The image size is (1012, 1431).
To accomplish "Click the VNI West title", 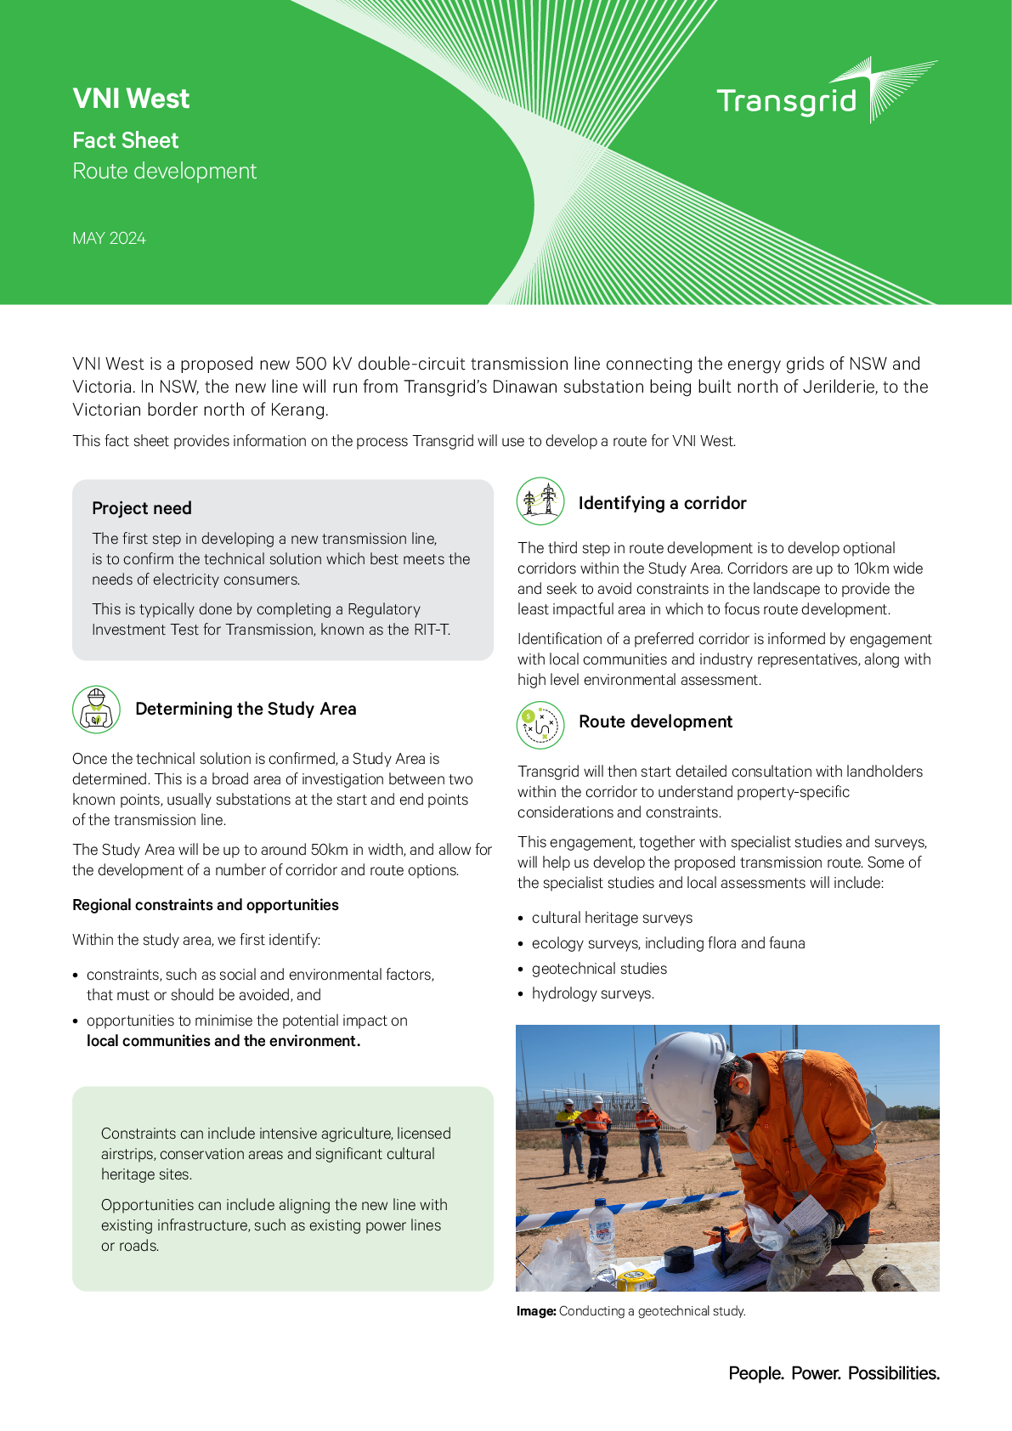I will (131, 99).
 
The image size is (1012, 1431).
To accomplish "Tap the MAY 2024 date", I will (109, 239).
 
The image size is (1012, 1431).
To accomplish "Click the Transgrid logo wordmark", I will (787, 101).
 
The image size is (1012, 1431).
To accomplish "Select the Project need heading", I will (142, 508).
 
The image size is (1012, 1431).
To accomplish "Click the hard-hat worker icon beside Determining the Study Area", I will (96, 710).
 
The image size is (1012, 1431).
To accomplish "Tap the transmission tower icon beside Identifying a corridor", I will (540, 501).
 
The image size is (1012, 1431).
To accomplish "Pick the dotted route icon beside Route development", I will (540, 725).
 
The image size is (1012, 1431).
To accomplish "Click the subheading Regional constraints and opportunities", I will (205, 905).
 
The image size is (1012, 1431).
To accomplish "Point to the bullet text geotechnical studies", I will (599, 969).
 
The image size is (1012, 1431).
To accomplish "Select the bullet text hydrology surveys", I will (592, 993).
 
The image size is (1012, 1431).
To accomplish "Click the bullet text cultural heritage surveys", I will (612, 918).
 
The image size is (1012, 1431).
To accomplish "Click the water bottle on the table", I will (602, 1232).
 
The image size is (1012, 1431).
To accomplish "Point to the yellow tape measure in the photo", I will (635, 1278).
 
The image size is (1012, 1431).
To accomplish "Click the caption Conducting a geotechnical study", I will (652, 1311).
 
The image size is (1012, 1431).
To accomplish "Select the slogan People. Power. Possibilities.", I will (834, 1373).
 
